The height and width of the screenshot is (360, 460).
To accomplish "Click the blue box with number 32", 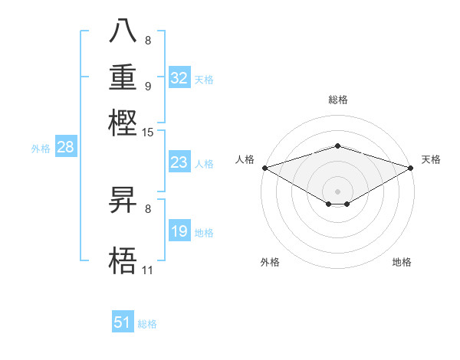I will [x=179, y=78].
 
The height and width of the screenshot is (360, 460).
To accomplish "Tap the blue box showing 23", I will [x=179, y=162].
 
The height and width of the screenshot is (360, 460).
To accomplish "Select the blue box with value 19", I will [x=179, y=231].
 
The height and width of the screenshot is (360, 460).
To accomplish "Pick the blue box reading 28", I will [x=66, y=148].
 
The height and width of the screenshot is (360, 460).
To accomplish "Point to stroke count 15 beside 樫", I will [x=148, y=133].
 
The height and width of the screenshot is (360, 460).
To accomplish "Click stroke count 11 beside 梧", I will [x=147, y=270].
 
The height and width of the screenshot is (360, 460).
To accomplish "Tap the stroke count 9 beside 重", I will [x=147, y=86].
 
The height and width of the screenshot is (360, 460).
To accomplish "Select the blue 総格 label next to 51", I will [x=147, y=324].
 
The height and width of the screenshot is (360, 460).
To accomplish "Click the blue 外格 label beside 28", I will [x=41, y=149].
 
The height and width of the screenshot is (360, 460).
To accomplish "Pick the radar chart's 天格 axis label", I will [x=431, y=159].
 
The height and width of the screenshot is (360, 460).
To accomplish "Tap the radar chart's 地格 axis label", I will [x=402, y=262].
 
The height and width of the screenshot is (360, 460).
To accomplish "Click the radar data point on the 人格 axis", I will [x=264, y=167].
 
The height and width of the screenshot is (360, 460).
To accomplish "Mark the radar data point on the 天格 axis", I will [x=412, y=167].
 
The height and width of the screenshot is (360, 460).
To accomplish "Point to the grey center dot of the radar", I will [x=337, y=191].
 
